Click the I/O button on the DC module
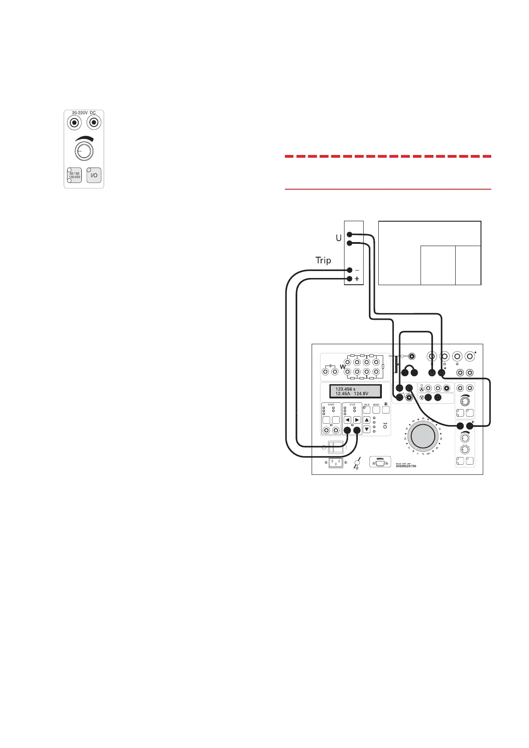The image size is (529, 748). point(94,175)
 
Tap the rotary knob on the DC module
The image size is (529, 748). point(84,152)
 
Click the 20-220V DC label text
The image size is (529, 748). point(84,113)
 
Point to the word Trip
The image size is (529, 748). point(323,260)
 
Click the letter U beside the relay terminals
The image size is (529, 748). point(339,238)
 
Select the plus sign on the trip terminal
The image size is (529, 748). point(357,279)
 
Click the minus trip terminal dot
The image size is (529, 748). point(349,270)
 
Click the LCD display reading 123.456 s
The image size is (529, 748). point(355,391)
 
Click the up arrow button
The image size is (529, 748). point(367,420)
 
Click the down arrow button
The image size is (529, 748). point(367,429)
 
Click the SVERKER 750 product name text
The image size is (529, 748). point(406,466)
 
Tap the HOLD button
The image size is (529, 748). point(367,410)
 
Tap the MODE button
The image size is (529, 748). point(376,410)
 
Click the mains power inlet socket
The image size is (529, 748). point(336,462)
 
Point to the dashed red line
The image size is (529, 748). point(388,156)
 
